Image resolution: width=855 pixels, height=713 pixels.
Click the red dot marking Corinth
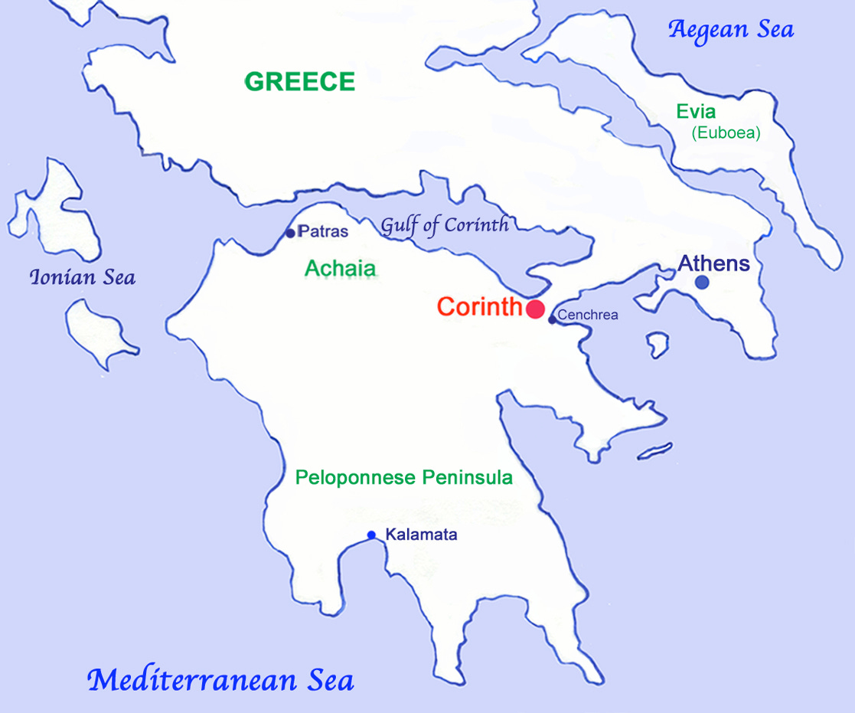click(x=535, y=309)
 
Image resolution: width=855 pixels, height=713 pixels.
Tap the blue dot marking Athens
click(x=702, y=282)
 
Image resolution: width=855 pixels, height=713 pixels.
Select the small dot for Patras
click(x=290, y=233)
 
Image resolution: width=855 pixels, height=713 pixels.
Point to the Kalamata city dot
click(x=371, y=535)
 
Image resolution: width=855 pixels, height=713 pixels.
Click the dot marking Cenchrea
click(x=552, y=319)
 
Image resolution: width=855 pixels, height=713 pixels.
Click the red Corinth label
click(x=479, y=308)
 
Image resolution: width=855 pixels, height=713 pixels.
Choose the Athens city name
click(x=713, y=264)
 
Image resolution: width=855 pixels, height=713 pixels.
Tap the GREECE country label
click(x=300, y=82)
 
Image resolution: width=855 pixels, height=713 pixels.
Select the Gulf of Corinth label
click(x=445, y=225)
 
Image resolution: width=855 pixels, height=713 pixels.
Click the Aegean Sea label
click(x=730, y=30)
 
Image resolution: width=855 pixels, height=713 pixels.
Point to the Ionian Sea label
click(x=82, y=277)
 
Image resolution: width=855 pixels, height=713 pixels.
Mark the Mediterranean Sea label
click(x=220, y=680)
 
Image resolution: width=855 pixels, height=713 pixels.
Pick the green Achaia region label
click(x=341, y=269)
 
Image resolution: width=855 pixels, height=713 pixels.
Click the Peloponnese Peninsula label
click(x=404, y=478)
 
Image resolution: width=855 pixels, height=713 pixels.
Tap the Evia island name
click(x=696, y=112)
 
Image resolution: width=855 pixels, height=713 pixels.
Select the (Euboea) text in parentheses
click(x=726, y=133)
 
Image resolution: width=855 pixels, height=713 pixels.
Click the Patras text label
click(x=323, y=231)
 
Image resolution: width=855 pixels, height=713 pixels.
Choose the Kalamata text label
click(x=421, y=535)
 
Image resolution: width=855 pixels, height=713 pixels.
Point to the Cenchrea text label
click(x=588, y=315)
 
